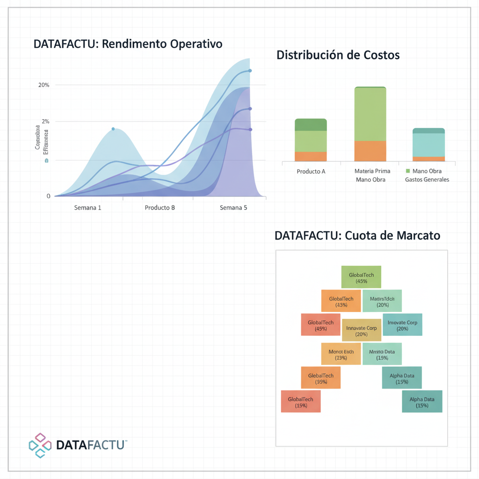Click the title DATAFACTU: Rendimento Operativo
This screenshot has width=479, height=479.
[128, 44]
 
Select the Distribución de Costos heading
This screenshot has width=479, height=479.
[338, 55]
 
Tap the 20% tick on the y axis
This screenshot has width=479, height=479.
[44, 85]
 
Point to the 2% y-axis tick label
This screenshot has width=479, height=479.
[45, 122]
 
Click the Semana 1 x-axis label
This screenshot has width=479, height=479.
[87, 207]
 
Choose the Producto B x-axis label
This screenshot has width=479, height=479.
[160, 207]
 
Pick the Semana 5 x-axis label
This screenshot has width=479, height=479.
[233, 207]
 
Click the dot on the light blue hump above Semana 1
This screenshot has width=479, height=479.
[113, 129]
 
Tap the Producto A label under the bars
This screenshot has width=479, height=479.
[311, 171]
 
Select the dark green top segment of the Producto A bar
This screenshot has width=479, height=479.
[311, 124]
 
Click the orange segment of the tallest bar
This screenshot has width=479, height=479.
[370, 151]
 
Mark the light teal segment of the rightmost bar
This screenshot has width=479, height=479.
[428, 145]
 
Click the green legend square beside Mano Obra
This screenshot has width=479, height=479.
[407, 171]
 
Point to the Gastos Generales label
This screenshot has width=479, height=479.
[427, 180]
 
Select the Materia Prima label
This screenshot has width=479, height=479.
[372, 171]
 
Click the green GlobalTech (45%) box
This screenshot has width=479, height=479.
[361, 276]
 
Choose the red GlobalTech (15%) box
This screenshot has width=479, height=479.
[301, 401]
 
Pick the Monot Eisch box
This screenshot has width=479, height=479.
[341, 354]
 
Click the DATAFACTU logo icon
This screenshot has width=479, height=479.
[40, 445]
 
